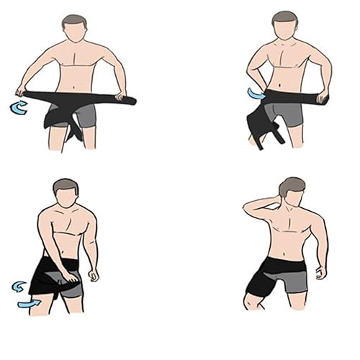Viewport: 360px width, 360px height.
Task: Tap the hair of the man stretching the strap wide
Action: [x=73, y=21]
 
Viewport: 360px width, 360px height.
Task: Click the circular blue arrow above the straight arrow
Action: [x=20, y=287]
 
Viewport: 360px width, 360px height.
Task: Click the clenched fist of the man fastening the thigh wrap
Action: [x=93, y=274]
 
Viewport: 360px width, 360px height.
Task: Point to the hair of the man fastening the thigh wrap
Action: [x=66, y=185]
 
